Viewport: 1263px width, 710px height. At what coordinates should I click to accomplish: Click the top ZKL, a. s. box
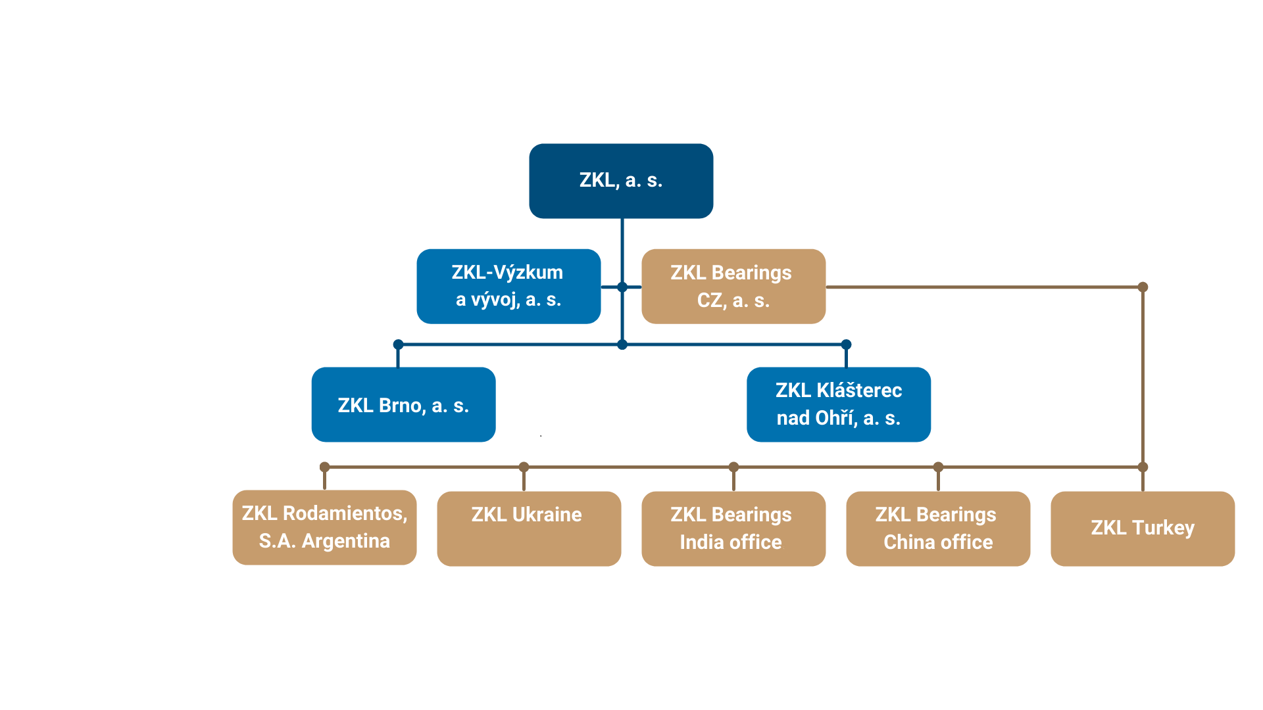click(x=621, y=181)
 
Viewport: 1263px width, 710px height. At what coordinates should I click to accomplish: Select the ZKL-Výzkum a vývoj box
click(x=508, y=286)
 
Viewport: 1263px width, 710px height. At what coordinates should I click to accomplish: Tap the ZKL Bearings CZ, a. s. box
click(x=733, y=286)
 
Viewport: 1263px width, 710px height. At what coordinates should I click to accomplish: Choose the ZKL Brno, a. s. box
click(x=403, y=404)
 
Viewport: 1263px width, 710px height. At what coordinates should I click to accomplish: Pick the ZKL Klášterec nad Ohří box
click(x=839, y=404)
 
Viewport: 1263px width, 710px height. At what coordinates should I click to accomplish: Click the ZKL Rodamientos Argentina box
click(x=324, y=527)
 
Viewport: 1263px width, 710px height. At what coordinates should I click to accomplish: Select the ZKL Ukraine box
click(x=529, y=529)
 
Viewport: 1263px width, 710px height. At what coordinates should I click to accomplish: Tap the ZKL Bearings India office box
click(x=733, y=529)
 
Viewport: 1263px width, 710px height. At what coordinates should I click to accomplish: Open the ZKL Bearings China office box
click(x=938, y=529)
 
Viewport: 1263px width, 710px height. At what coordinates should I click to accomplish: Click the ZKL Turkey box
click(x=1143, y=529)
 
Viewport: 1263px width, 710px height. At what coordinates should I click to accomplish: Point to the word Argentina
click(x=345, y=541)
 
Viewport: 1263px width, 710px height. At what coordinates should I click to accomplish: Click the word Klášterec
click(x=858, y=390)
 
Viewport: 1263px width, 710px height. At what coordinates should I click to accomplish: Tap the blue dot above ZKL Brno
click(x=398, y=344)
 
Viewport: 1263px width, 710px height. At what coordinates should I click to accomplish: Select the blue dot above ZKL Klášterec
click(x=847, y=344)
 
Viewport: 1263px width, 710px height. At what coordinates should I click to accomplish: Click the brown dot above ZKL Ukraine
click(x=524, y=467)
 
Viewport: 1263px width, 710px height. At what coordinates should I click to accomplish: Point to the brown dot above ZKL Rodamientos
click(x=324, y=467)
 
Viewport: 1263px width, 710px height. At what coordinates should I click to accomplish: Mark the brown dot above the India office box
click(x=733, y=467)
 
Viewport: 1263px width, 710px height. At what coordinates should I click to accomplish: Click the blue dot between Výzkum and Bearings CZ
click(x=622, y=287)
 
